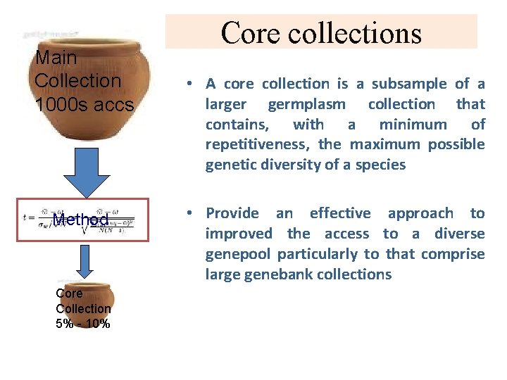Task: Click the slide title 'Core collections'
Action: pyautogui.click(x=321, y=32)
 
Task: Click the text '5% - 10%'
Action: pyautogui.click(x=83, y=324)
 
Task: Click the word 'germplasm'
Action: pyautogui.click(x=306, y=104)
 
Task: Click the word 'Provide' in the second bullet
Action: pyautogui.click(x=232, y=213)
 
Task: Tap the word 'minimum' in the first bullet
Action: pyautogui.click(x=413, y=125)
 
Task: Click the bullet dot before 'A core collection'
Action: pyautogui.click(x=191, y=84)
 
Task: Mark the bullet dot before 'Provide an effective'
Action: pyautogui.click(x=191, y=214)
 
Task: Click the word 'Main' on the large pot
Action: pyautogui.click(x=56, y=57)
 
